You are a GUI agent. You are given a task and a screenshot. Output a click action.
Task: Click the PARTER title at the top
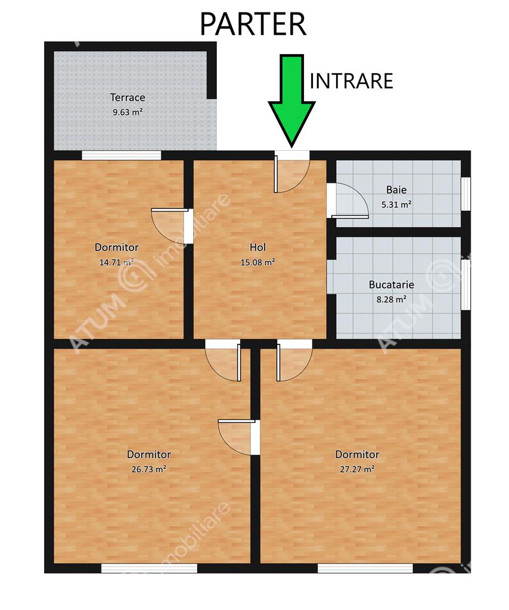253,24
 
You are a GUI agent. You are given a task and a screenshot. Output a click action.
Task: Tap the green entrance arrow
291,100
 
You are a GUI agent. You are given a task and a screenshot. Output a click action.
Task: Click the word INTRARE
351,81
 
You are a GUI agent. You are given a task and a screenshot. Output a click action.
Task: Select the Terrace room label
128,97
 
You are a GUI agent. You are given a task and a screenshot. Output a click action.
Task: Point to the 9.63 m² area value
128,113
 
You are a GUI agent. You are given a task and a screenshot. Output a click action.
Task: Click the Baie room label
396,190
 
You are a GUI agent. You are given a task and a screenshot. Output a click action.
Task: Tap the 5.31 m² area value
396,204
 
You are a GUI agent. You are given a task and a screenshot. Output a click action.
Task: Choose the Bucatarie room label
391,284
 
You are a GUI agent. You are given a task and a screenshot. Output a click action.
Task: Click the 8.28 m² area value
391,299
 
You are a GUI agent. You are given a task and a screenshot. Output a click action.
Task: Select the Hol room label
257,247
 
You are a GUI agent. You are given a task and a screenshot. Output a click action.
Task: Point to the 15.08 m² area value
257,262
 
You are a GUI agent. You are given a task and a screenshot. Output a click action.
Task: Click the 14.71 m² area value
116,262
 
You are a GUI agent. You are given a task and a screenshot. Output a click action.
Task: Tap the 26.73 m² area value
148,469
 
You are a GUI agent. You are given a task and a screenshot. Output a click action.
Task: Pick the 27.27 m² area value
357,469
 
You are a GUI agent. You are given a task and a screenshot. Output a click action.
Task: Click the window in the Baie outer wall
465,194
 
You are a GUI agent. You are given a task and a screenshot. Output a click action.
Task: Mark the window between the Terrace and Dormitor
122,155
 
